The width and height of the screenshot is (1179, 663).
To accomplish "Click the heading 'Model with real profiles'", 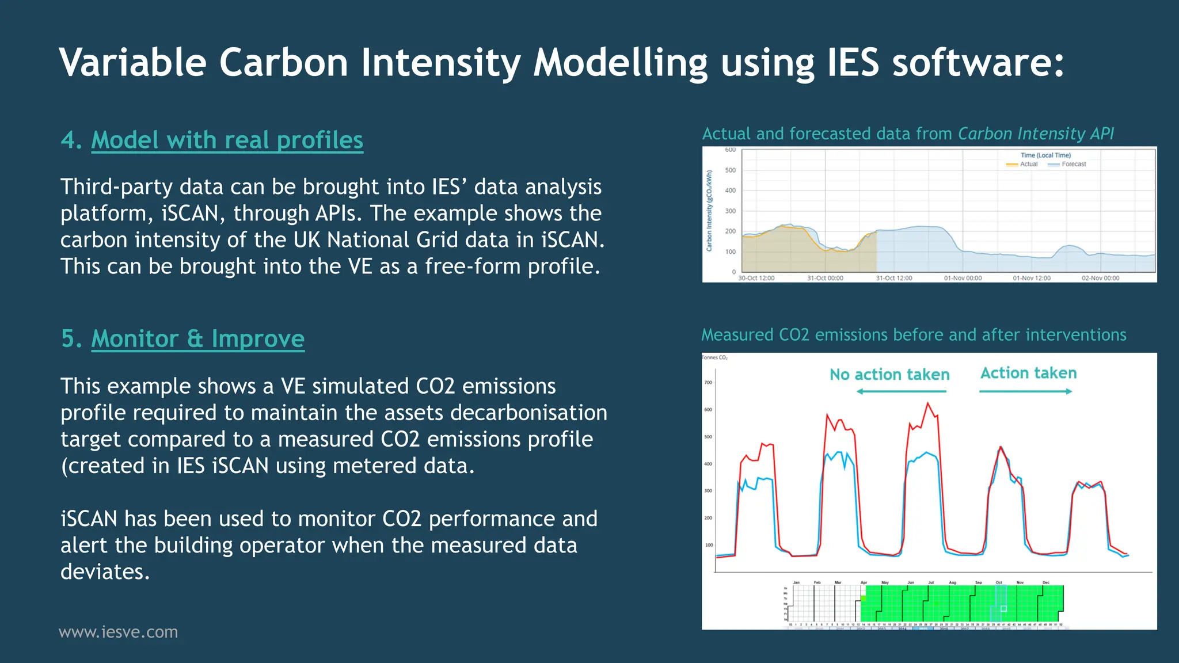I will click(227, 140).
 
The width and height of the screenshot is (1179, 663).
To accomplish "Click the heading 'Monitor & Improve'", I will click(197, 339).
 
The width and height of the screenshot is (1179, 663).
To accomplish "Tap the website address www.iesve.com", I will click(119, 632).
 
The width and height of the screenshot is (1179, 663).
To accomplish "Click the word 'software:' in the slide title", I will click(978, 62).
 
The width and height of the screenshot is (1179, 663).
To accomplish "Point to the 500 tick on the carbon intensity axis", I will click(730, 170).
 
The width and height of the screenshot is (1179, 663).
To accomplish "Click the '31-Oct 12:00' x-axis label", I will click(893, 279).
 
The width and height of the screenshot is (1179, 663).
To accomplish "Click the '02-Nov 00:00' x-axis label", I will click(1100, 279).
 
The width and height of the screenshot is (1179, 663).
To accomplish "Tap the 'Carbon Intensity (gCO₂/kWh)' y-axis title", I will click(709, 211).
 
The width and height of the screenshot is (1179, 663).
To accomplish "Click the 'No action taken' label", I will click(889, 375).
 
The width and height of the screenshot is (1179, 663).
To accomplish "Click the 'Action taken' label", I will click(1028, 373).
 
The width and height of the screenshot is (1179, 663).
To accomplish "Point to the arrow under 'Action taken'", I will click(1025, 391).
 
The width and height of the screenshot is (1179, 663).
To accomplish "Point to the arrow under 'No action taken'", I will click(901, 391).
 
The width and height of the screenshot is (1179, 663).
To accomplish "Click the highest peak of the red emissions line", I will click(927, 403).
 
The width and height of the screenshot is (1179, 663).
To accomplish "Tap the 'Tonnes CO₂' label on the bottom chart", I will click(714, 358).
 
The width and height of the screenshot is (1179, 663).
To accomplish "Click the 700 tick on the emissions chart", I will click(708, 383).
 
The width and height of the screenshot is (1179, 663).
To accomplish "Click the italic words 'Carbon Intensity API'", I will click(1036, 134).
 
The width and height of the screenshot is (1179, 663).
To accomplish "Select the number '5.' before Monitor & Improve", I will click(71, 339).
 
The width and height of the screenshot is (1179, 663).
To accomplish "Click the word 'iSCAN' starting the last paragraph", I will click(89, 519).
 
